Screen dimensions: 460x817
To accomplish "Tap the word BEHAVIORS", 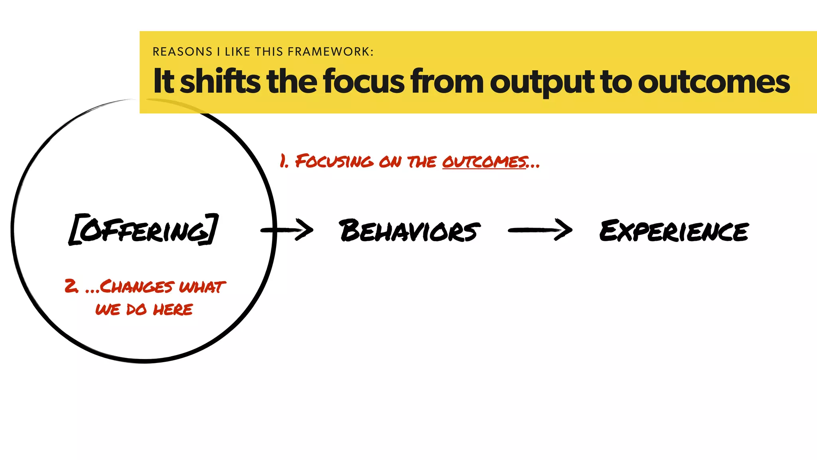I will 409,231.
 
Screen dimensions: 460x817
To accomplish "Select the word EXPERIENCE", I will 674,231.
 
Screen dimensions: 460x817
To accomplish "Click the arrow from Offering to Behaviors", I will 287,230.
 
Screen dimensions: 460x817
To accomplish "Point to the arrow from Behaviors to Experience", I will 540,230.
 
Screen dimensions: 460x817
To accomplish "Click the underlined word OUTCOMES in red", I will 484,162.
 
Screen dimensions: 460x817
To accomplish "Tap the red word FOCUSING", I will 334,161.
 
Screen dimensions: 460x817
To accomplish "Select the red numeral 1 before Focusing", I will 283,161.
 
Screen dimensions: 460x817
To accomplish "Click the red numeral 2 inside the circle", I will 71,286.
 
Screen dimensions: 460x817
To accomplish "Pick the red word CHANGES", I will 136,287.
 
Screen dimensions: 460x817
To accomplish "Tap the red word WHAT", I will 202,287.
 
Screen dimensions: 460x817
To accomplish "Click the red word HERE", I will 173,309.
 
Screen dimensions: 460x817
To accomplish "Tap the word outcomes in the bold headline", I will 714,82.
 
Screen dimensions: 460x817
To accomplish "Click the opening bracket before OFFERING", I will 75,230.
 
